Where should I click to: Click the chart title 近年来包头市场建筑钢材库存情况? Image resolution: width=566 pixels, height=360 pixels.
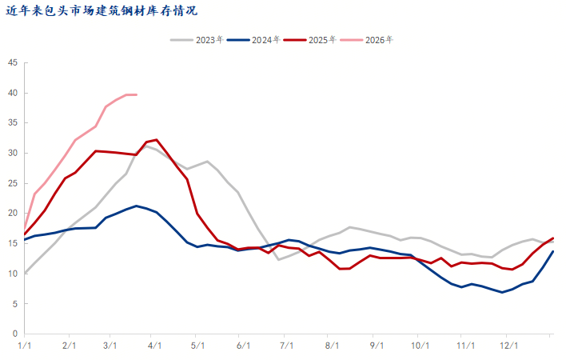[x=102, y=11]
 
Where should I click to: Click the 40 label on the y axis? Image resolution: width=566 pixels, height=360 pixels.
[x=13, y=93]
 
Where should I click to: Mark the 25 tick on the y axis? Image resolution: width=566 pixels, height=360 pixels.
[x=13, y=183]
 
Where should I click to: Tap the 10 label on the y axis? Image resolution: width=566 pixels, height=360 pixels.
[x=13, y=274]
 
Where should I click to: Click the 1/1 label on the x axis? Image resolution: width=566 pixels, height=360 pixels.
[x=25, y=346]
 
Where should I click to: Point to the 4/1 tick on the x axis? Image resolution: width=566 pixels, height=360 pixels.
[x=155, y=346]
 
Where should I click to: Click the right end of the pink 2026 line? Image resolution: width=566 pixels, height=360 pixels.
[x=137, y=95]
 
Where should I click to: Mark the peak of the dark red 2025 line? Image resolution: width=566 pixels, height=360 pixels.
[x=156, y=140]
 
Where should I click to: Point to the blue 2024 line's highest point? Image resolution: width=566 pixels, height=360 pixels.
[x=137, y=206]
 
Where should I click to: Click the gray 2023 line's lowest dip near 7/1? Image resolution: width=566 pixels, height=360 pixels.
[x=278, y=259]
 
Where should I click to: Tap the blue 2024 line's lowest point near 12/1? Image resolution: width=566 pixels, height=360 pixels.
[x=502, y=292]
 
